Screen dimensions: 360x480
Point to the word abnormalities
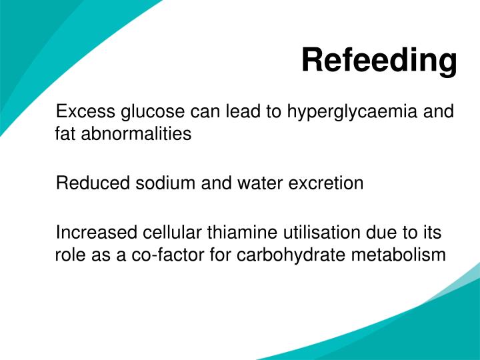[136, 133]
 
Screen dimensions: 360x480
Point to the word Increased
[97, 232]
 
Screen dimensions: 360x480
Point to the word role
[67, 255]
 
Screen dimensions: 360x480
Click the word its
[432, 232]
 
